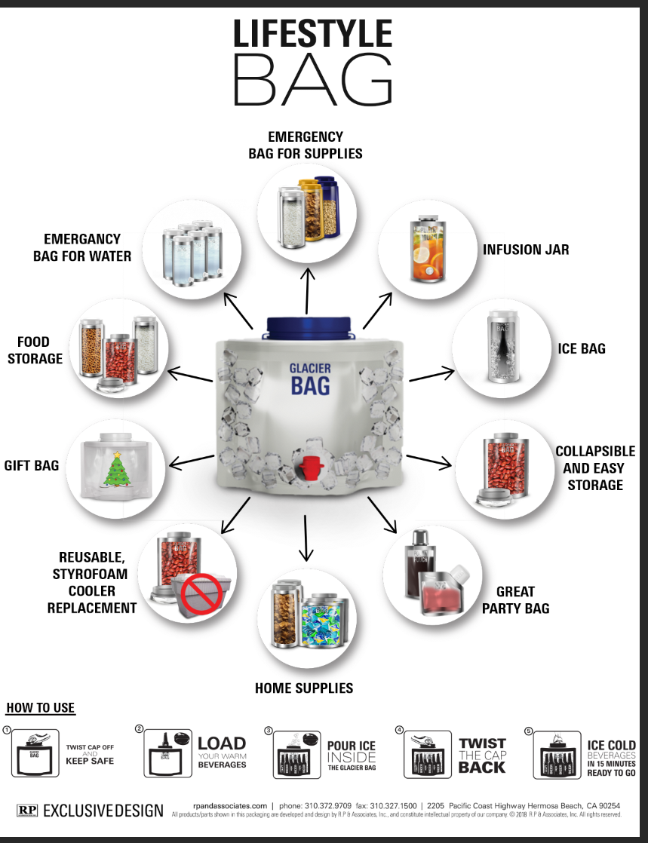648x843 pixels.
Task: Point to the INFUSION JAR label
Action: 526,250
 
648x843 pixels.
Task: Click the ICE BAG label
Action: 582,348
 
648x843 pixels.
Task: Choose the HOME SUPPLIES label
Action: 304,688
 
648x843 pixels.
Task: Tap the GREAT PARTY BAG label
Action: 516,599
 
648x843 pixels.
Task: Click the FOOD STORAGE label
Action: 35,350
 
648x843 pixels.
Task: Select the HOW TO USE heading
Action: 41,708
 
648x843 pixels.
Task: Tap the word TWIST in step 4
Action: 482,743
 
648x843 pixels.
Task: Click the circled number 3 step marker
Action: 269,731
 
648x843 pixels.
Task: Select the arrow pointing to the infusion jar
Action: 376,308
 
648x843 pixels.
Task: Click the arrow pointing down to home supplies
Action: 306,538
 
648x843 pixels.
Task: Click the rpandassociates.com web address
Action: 230,806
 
